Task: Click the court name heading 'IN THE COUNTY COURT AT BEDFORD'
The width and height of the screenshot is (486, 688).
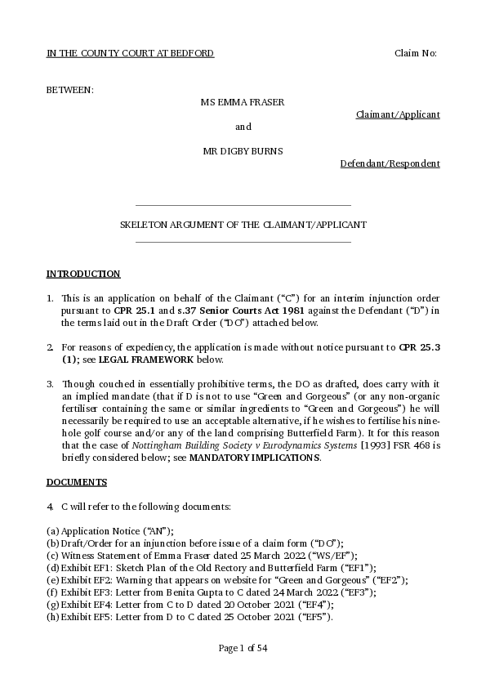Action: tap(130, 53)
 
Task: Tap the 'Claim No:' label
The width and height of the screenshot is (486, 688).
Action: tap(416, 53)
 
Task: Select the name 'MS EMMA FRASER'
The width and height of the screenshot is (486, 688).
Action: tap(243, 102)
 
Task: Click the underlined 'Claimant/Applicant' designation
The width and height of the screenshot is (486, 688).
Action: tap(398, 114)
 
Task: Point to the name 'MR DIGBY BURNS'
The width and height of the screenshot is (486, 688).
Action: tap(243, 151)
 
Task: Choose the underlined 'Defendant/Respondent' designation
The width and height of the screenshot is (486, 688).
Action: tap(390, 163)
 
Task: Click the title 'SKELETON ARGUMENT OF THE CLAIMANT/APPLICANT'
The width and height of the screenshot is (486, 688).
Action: tap(243, 225)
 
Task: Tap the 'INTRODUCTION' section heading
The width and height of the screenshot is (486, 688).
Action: tap(83, 274)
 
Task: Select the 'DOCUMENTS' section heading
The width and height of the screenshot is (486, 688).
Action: tap(77, 482)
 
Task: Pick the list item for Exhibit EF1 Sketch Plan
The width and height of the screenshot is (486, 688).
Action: tap(211, 567)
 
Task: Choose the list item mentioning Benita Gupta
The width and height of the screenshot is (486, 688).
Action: tap(211, 592)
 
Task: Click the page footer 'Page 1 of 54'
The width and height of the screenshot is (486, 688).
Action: tap(243, 649)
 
